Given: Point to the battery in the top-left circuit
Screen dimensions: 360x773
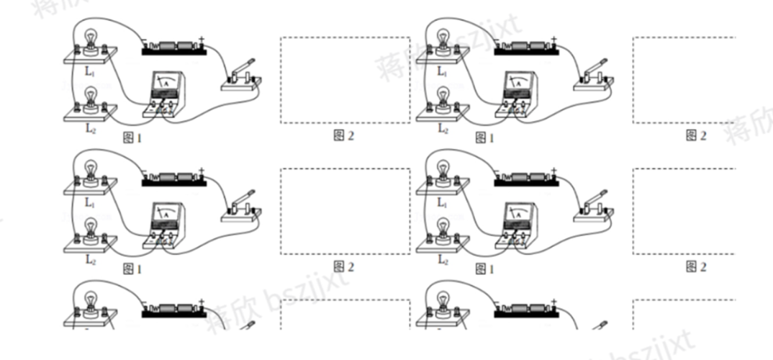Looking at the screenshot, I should click(173, 47).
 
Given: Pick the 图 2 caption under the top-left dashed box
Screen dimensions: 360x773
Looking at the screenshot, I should click(344, 135).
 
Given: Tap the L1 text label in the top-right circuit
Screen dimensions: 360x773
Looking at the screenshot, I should click(441, 71).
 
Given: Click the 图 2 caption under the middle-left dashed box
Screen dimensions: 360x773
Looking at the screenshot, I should click(344, 267).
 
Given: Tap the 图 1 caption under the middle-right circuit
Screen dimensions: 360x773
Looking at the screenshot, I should click(484, 269).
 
